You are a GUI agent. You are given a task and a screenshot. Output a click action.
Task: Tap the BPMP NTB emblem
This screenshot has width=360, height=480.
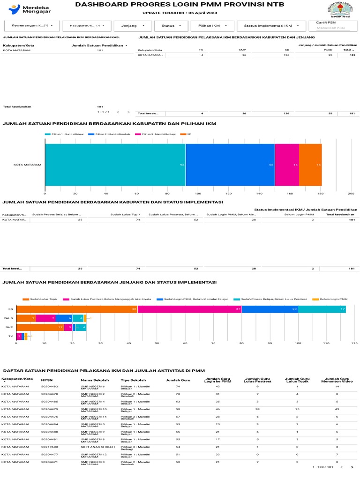click(339, 10)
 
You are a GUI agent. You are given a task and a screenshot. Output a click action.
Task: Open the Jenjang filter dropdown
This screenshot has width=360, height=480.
click(133, 26)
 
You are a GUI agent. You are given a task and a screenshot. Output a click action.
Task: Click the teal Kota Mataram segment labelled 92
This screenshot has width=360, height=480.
click(115, 165)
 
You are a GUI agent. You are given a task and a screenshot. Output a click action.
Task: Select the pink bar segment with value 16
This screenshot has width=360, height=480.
click(287, 165)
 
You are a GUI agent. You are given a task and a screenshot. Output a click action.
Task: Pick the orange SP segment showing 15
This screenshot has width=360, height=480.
click(310, 165)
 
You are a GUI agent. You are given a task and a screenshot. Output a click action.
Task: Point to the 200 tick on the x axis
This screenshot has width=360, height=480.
click(351, 193)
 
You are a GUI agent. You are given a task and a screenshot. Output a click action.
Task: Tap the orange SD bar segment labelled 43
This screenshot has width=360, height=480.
click(76, 309)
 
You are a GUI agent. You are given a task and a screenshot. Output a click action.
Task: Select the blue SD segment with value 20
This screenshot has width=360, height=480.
click(270, 309)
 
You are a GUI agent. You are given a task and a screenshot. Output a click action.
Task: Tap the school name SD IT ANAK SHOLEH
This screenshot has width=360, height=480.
click(97, 447)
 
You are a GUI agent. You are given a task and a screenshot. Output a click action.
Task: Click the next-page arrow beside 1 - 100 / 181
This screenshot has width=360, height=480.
click(352, 467)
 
